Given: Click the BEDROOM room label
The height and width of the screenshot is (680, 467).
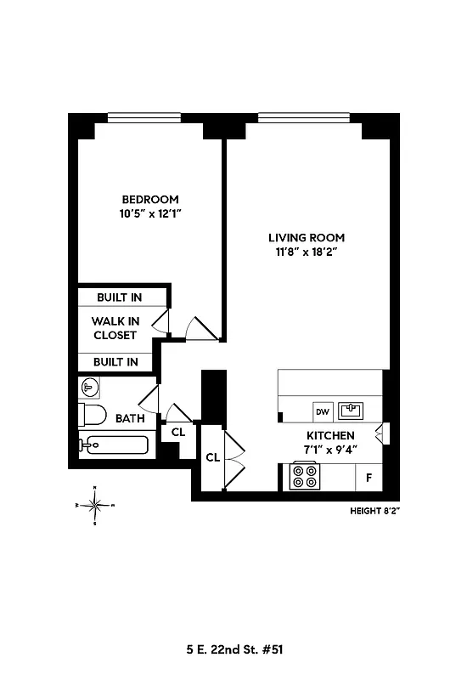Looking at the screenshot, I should pos(150,200).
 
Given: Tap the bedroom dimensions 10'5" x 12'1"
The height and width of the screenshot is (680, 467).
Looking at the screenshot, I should pos(150,214).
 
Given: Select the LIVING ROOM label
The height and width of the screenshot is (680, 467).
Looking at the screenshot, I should pos(307,237).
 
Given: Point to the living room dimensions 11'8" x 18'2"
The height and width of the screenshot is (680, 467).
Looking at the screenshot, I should pos(307,252).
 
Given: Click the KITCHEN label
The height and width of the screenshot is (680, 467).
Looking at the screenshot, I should pos(330,434).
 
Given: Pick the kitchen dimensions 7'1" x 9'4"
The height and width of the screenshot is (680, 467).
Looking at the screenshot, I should pos(330,449).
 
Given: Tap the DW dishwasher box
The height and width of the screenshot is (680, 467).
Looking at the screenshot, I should pos(323,411).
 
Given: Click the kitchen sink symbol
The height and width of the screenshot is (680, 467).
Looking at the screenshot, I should pos(352,411).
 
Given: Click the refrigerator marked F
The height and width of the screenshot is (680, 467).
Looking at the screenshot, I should pos(369,477).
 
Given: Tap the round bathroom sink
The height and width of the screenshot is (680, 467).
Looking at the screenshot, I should pos(90,388).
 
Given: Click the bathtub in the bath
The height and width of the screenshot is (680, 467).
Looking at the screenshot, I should pos(114,445).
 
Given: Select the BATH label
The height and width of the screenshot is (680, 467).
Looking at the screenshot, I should pos(130,418).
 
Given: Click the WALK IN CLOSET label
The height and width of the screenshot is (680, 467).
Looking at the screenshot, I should pos(114,328).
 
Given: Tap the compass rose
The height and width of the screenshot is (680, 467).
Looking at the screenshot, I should pos(95,506).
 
